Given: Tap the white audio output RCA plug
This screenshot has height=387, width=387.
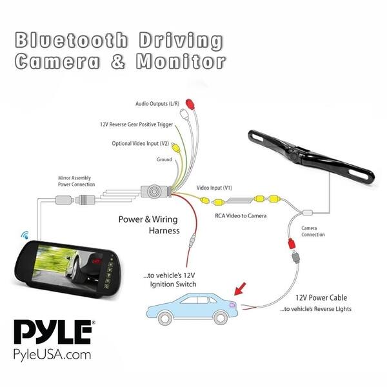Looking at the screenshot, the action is pyautogui.click(x=184, y=114).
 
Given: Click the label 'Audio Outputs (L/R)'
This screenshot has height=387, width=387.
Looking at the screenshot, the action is pyautogui.click(x=157, y=103).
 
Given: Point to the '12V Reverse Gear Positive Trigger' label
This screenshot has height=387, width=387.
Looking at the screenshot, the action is pyautogui.click(x=136, y=124).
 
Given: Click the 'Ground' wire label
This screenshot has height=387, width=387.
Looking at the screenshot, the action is pyautogui.click(x=164, y=159).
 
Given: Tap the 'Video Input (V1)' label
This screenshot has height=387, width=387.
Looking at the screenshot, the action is pyautogui.click(x=214, y=188).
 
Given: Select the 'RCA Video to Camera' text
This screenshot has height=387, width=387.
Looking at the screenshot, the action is pyautogui.click(x=241, y=215).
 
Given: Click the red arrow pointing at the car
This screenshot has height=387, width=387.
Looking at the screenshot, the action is pyautogui.click(x=240, y=289).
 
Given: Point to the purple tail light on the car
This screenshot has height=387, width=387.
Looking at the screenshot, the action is pyautogui.click(x=232, y=305).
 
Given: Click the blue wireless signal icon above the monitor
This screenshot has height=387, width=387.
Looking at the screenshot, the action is pyautogui.click(x=25, y=235).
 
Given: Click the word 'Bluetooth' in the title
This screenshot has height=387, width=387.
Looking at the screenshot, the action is pyautogui.click(x=72, y=40).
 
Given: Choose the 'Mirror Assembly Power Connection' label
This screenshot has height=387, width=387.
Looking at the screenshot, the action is pyautogui.click(x=76, y=181).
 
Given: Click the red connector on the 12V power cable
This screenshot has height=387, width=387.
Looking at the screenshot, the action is pyautogui.click(x=292, y=244).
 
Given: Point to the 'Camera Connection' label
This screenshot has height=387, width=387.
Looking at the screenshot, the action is pyautogui.click(x=313, y=232).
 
